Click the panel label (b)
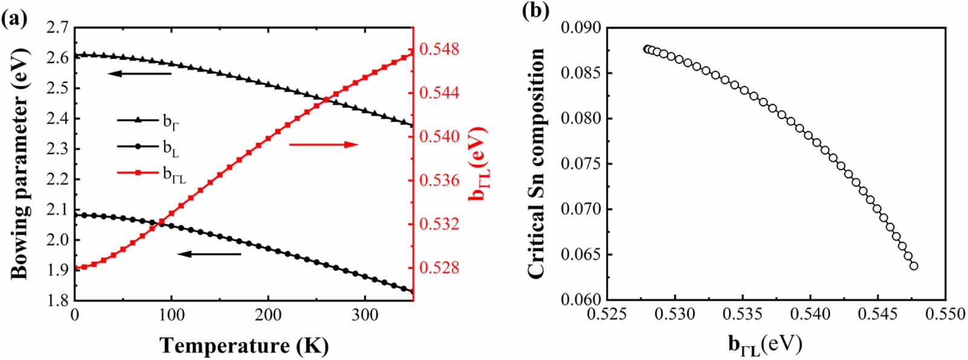point(535,11)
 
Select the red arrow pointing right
point(324,144)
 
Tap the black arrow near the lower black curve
point(209,254)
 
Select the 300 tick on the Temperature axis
point(365,315)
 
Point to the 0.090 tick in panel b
point(581,28)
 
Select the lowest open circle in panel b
point(914,266)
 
